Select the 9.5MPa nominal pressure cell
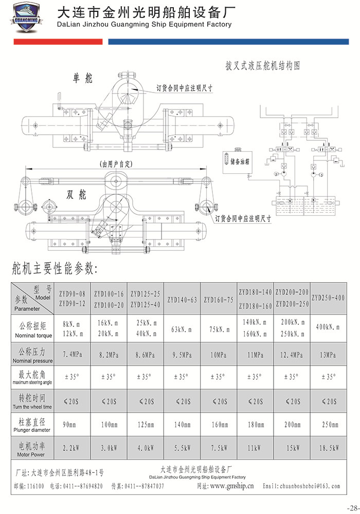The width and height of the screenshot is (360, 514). tap(182, 355)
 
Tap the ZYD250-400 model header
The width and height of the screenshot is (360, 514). tap(328, 298)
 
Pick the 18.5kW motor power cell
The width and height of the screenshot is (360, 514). tap(328, 448)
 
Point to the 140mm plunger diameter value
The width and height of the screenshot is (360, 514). tap(182, 425)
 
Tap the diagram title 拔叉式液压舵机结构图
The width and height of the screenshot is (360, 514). tap(262, 66)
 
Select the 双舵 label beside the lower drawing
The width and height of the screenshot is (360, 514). tap(77, 195)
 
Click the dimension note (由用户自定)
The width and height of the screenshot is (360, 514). tap(117, 164)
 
